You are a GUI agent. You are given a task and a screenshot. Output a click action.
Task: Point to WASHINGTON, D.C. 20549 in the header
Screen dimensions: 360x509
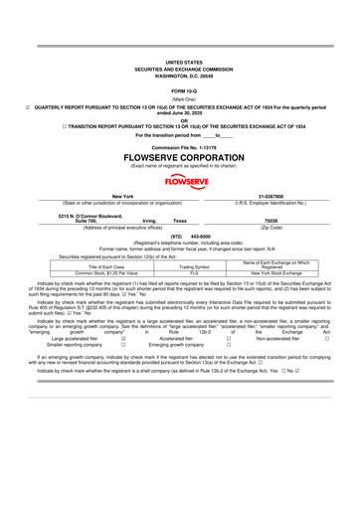pyautogui.click(x=179, y=48)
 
